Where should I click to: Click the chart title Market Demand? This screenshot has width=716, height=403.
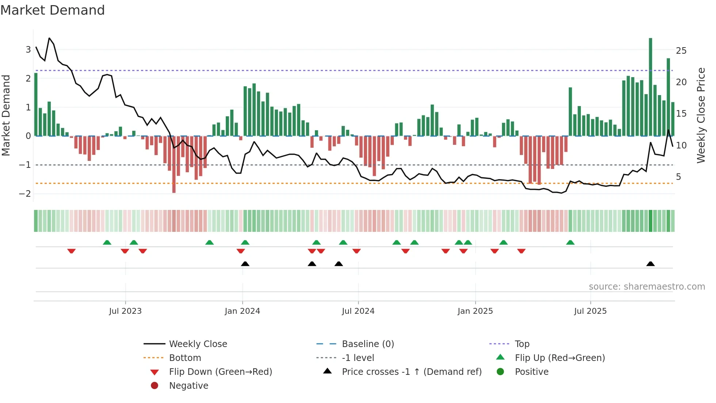[53, 10]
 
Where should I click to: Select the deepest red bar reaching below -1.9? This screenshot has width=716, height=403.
[174, 165]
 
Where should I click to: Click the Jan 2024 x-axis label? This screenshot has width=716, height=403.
[242, 311]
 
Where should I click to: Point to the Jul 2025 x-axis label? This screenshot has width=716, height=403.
[590, 311]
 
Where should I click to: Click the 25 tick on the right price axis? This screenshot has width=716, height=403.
[681, 51]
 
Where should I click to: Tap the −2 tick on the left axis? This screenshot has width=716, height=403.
[25, 194]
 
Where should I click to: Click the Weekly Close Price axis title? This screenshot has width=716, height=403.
[701, 116]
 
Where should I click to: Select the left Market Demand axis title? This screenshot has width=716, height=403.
[6, 116]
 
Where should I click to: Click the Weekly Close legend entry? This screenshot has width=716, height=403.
[198, 344]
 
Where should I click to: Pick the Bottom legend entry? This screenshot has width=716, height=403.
[185, 358]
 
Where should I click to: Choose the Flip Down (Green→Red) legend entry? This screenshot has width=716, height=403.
[220, 372]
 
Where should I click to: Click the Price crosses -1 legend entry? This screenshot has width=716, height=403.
[411, 372]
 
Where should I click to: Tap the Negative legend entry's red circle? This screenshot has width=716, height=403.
[155, 386]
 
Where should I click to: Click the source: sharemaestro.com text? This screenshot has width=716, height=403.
[647, 287]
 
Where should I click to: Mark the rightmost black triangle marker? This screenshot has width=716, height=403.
[650, 264]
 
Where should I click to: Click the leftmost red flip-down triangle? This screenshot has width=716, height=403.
[72, 251]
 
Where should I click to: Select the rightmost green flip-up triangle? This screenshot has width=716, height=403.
[570, 242]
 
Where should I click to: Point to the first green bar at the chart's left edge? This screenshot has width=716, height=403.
[36, 105]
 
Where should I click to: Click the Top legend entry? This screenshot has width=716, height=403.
[522, 344]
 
